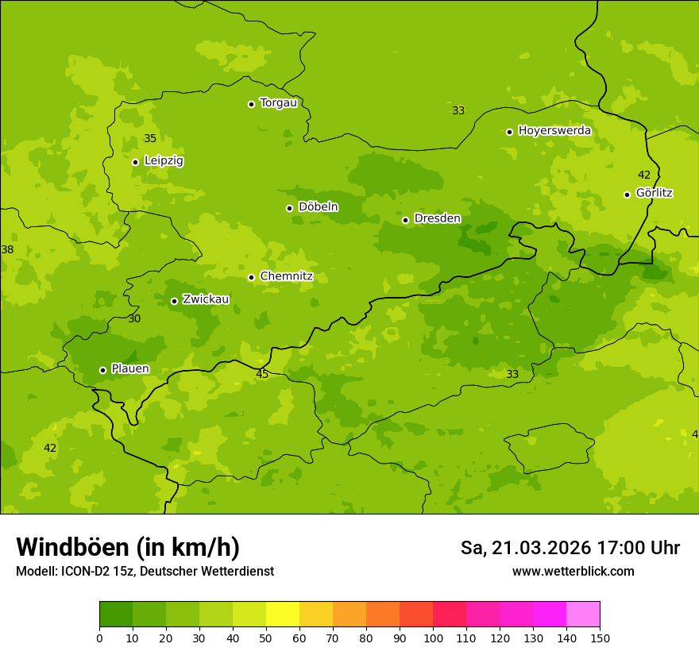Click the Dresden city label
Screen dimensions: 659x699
tap(437, 218)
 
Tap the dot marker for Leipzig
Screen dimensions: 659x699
tap(135, 162)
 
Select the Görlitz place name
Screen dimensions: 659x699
tap(655, 193)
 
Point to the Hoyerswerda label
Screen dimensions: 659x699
tap(554, 130)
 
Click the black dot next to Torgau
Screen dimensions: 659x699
tap(251, 104)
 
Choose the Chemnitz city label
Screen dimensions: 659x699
tap(286, 276)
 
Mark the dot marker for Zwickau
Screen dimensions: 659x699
tap(174, 301)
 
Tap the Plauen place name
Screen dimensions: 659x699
tap(130, 368)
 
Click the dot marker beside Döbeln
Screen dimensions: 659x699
tap(289, 208)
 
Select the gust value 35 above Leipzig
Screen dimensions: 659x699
tap(150, 139)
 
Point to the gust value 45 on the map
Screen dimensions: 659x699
tap(262, 374)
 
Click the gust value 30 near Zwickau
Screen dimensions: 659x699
tap(134, 318)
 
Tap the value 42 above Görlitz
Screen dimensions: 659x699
tap(644, 175)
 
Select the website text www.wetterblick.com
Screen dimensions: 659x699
tap(573, 571)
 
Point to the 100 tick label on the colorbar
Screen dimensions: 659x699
tap(433, 637)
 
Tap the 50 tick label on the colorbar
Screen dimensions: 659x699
tap(266, 637)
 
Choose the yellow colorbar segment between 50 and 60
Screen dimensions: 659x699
tap(283, 615)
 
